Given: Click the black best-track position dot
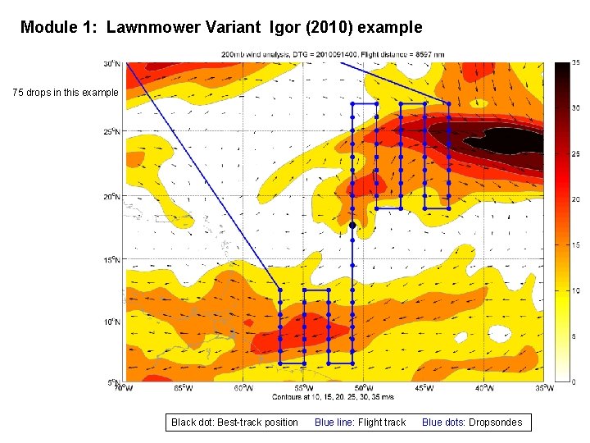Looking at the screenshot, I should coord(352,225).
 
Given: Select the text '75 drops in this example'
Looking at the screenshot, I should coord(66,93).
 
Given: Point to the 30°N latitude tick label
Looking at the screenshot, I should coord(111,63).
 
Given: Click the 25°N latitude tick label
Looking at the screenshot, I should coord(111,132).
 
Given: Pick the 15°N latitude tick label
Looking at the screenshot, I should coord(111,260).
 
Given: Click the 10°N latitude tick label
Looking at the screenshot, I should coord(111,322).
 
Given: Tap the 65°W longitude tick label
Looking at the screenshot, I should coord(183,388).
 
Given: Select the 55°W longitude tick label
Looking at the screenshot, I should coord(302,388).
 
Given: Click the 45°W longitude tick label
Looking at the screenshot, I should coord(423,388).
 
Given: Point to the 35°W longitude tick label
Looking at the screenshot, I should coord(542,388).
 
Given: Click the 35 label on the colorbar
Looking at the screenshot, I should coord(576,62).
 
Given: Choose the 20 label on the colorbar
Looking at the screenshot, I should coord(576,199).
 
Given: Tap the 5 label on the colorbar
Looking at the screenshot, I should coord(575,336).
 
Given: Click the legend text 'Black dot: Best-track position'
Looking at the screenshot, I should coord(234,422).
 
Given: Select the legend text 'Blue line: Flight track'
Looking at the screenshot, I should coord(360,422).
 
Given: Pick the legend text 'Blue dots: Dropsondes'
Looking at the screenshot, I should coord(471,422).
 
